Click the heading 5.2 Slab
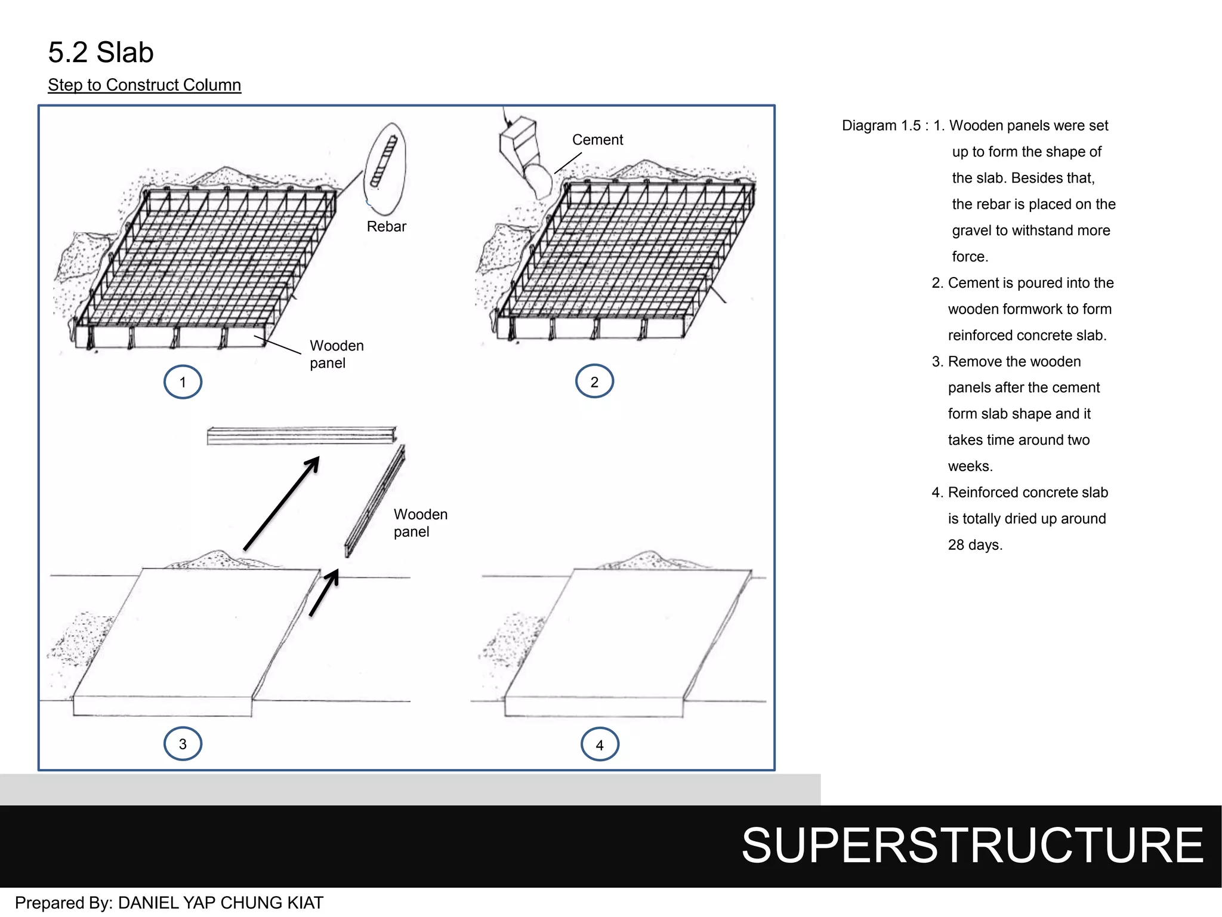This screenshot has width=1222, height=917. pos(101,53)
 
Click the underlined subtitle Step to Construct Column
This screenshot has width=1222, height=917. pos(144,85)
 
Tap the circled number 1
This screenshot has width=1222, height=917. pos(183,382)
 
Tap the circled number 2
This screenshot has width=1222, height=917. pos(594,381)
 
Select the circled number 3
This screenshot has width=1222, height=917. pos(183,744)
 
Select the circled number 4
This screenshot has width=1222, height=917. pos(600,744)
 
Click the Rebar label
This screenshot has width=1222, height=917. pos(386,227)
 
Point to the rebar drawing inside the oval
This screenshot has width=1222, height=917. pos(384,162)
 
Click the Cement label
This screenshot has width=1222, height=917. pos(597,140)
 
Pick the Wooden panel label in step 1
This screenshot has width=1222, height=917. pos(336,354)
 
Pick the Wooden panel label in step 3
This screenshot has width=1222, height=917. pos(419,523)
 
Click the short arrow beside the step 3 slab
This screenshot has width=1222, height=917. pos(325,592)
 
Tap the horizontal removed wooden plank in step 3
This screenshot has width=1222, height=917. pos(301,435)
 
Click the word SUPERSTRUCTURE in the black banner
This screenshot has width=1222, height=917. pos(973,845)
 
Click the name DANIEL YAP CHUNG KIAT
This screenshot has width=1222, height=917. pos(221,903)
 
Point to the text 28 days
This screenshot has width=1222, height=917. pos(975,545)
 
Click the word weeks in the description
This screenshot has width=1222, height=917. pos(970,466)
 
